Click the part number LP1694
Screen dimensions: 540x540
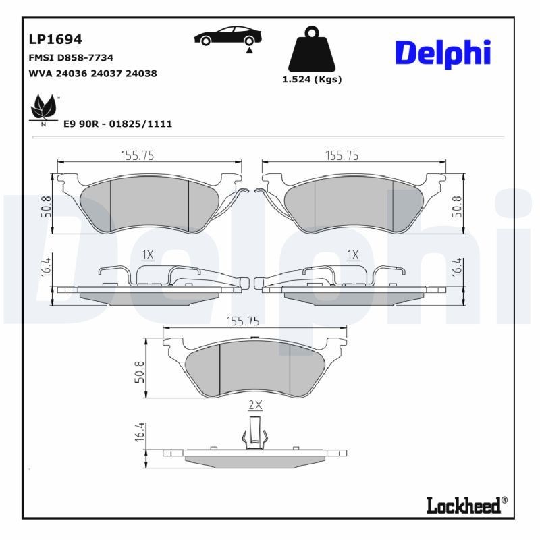pyautogui.click(x=54, y=40)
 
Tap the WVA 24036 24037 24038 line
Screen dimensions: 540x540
pyautogui.click(x=92, y=73)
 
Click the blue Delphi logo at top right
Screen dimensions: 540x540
pyautogui.click(x=442, y=53)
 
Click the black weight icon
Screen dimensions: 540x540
pyautogui.click(x=311, y=49)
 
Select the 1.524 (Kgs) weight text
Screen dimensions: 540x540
pyautogui.click(x=311, y=79)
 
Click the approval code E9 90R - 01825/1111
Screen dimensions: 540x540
pyautogui.click(x=117, y=124)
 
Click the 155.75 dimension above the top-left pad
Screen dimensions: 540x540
pyautogui.click(x=138, y=155)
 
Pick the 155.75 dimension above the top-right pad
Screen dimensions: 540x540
pyautogui.click(x=342, y=155)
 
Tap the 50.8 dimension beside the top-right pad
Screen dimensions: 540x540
pyautogui.click(x=457, y=206)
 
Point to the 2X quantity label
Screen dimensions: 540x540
pyautogui.click(x=254, y=406)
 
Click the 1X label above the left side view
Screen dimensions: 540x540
pyautogui.click(x=148, y=254)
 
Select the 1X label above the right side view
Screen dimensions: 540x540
pyautogui.click(x=352, y=254)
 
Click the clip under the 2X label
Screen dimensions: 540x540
pyautogui.click(x=254, y=432)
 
